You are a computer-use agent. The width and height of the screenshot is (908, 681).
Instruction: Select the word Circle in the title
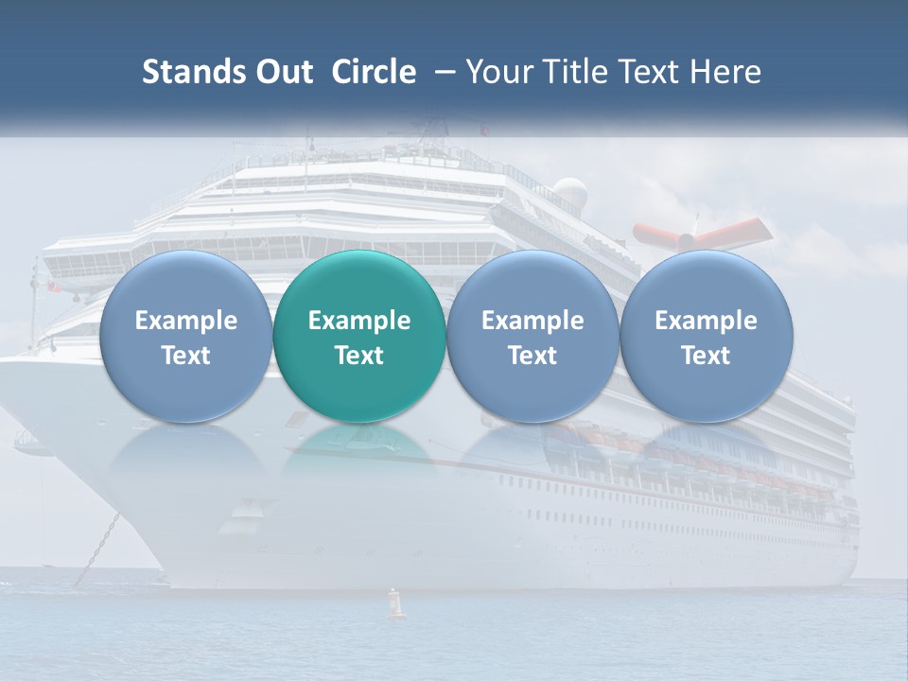coord(374,72)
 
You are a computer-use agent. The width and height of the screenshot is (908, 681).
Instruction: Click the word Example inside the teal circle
coord(359,321)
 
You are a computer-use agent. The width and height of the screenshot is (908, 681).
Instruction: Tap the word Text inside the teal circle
coord(359,356)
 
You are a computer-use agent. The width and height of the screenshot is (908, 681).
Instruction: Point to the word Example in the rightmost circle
coord(706,321)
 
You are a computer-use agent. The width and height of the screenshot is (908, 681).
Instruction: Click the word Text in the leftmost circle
coord(186,356)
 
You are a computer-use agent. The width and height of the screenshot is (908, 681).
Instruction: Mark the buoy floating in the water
coord(396,604)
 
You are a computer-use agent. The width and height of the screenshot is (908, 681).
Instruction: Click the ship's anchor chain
coord(97,550)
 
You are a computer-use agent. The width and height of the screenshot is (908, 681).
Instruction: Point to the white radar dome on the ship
coord(569,194)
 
